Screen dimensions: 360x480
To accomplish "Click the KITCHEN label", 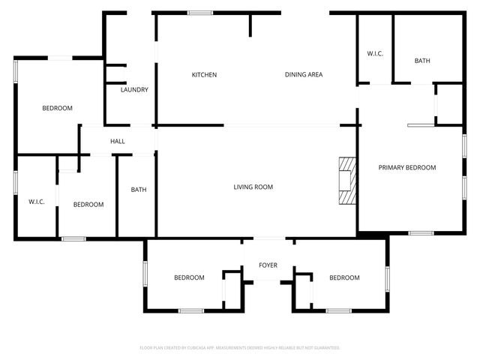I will (x=204, y=75).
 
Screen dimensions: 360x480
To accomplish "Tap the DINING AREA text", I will (x=304, y=75).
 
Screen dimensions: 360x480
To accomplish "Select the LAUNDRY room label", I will (x=134, y=90).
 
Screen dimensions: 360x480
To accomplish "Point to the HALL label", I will (x=118, y=141).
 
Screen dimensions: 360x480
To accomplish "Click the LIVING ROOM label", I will (x=253, y=187).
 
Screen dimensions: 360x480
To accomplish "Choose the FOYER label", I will (x=268, y=265).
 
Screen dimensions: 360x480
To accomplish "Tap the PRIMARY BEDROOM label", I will (x=406, y=168).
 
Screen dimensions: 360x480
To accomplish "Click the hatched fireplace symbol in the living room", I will (x=347, y=181).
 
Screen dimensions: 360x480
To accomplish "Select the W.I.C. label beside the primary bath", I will (x=375, y=54).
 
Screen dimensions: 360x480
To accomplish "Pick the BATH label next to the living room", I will (x=139, y=190).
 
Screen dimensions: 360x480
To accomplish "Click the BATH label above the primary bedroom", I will (x=421, y=61).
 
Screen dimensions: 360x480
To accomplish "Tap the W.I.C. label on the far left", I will (x=37, y=202).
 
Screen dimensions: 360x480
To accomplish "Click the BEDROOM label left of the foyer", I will (x=189, y=278).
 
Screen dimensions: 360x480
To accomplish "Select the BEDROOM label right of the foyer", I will (x=344, y=278).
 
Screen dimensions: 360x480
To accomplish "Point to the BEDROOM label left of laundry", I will (x=57, y=109).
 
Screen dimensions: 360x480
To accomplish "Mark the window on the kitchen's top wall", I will (x=199, y=13).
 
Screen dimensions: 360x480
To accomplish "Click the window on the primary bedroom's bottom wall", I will (x=421, y=233).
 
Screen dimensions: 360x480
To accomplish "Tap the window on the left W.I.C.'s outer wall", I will (x=15, y=183).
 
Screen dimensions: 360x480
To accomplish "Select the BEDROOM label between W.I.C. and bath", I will (x=88, y=205).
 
